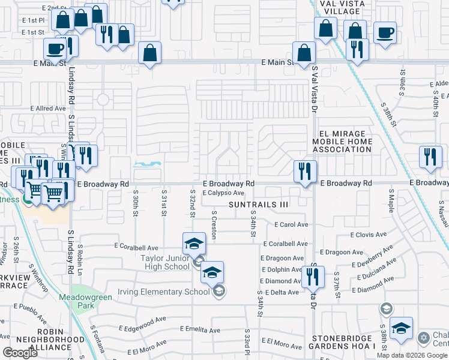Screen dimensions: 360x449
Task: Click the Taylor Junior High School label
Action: click(165, 262)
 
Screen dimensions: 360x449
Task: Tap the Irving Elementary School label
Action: click(170, 292)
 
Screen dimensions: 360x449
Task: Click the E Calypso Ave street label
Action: click(223, 193)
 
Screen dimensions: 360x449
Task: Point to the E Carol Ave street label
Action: click(291, 225)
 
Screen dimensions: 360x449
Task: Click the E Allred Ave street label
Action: click(48, 109)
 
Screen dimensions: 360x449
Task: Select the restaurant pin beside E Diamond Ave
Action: click(313, 276)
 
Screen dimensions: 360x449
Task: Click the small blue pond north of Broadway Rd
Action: click(147, 164)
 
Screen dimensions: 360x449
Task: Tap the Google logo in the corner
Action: click(20, 353)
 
